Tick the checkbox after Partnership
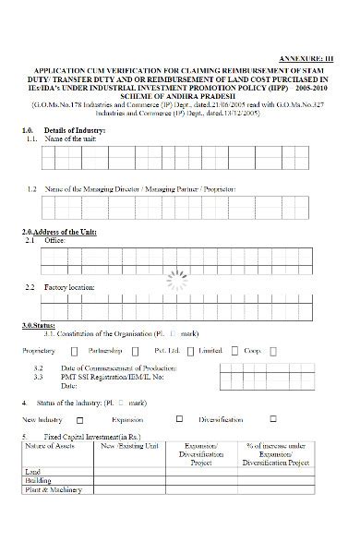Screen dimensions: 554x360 (x=136, y=352)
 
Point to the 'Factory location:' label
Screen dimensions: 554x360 (x=68, y=288)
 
